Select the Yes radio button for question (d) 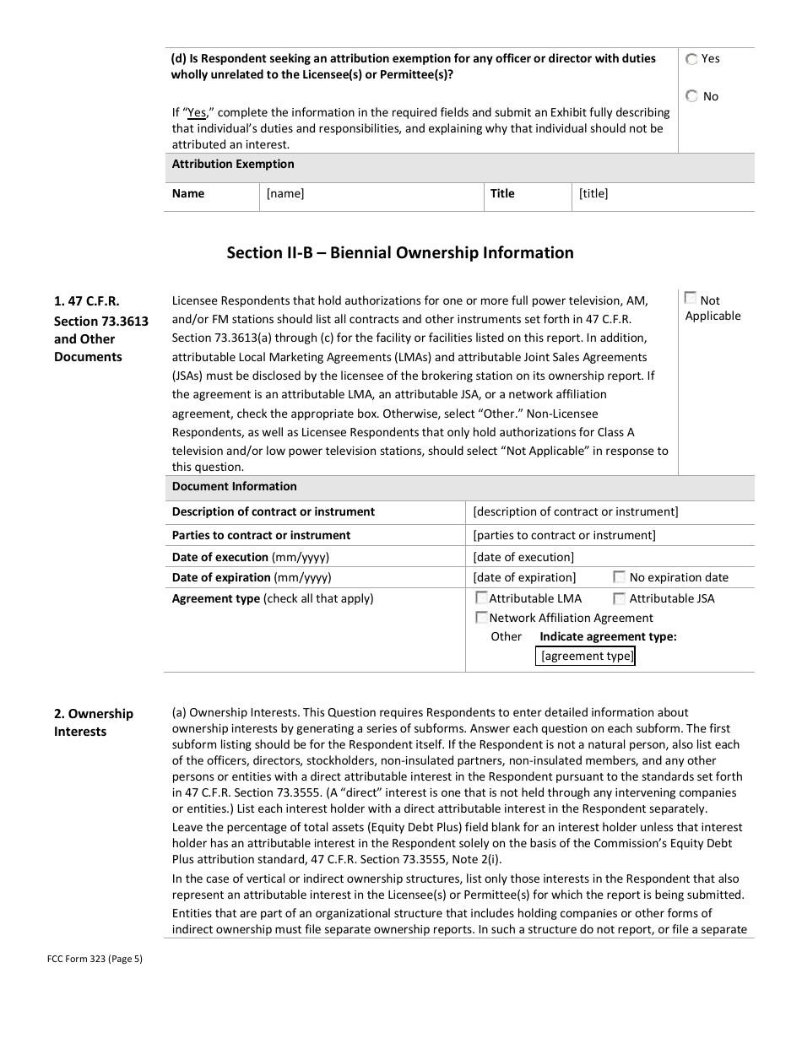[692, 59]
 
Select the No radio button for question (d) [692, 96]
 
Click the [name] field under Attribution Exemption [285, 194]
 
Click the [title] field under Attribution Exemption [593, 194]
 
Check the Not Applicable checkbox [691, 298]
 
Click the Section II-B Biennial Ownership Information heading [400, 253]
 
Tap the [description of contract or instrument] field [575, 512]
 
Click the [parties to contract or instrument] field [564, 536]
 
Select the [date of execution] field [523, 557]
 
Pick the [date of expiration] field [524, 578]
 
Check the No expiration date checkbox [620, 577]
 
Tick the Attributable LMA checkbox [482, 598]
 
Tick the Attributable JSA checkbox [620, 598]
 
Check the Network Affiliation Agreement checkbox [482, 618]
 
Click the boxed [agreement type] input [585, 657]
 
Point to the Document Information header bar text [235, 487]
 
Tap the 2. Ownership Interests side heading [94, 722]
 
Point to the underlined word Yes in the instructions [197, 112]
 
